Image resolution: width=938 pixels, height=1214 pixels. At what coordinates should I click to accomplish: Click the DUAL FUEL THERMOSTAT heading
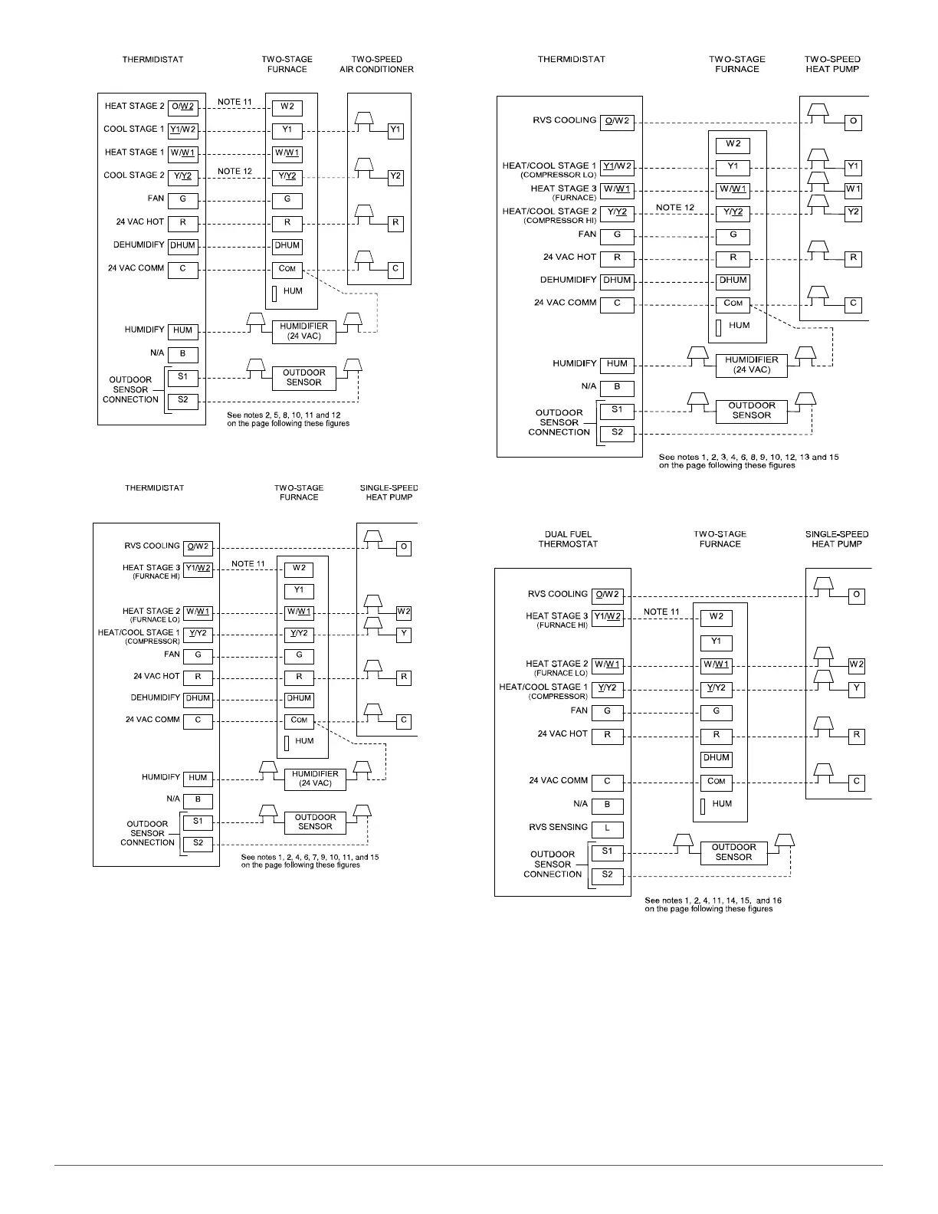pyautogui.click(x=567, y=539)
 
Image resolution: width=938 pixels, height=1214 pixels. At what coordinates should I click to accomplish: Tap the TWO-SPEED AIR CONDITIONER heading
pyautogui.click(x=376, y=64)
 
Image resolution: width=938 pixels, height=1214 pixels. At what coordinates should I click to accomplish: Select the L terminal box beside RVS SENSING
pyautogui.click(x=608, y=828)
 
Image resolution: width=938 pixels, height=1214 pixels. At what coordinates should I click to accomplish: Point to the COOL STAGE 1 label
pyautogui.click(x=133, y=130)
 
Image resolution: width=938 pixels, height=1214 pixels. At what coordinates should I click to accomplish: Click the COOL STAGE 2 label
pyautogui.click(x=133, y=176)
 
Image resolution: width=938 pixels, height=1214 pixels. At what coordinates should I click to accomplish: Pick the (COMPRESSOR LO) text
pyautogui.click(x=557, y=176)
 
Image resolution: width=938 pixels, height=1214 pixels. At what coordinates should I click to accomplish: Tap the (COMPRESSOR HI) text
pyautogui.click(x=558, y=221)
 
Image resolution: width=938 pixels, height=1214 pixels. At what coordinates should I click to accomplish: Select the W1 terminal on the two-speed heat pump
pyautogui.click(x=853, y=189)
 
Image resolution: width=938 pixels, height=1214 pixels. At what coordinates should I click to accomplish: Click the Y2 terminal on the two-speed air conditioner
pyautogui.click(x=395, y=176)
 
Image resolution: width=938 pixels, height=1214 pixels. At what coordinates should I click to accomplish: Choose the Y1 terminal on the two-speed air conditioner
pyautogui.click(x=395, y=130)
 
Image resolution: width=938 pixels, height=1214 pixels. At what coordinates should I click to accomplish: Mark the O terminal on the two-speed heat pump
pyautogui.click(x=853, y=122)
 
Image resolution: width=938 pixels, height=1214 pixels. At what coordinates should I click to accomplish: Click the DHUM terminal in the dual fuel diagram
pyautogui.click(x=716, y=758)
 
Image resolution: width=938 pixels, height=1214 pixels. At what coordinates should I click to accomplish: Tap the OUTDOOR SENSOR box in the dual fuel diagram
pyautogui.click(x=733, y=852)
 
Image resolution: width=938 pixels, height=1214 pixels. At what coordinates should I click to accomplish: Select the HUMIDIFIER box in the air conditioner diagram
pyautogui.click(x=303, y=331)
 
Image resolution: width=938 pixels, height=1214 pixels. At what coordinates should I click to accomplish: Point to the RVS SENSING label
pyautogui.click(x=558, y=828)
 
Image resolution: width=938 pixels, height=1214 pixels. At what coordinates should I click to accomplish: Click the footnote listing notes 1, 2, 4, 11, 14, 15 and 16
pyautogui.click(x=713, y=905)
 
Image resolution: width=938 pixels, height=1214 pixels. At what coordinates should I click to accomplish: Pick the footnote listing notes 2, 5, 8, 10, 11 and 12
pyautogui.click(x=288, y=419)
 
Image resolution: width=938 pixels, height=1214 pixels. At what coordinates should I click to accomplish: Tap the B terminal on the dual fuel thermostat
pyautogui.click(x=608, y=806)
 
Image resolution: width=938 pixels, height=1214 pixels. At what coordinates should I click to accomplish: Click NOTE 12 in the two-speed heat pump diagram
pyautogui.click(x=674, y=208)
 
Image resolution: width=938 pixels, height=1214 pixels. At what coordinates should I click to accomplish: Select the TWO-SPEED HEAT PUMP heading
pyautogui.click(x=832, y=64)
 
